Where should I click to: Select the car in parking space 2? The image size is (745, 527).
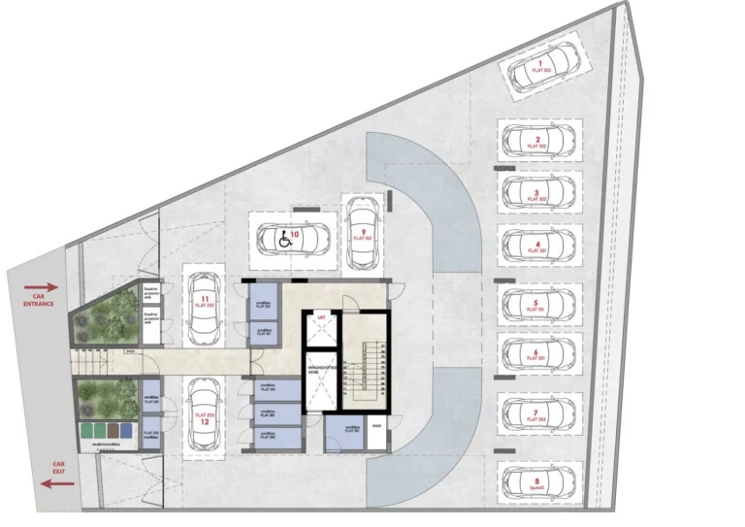(538, 143)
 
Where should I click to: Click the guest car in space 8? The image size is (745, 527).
(538, 480)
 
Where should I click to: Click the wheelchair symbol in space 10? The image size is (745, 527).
(284, 241)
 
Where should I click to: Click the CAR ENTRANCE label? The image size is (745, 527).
(39, 300)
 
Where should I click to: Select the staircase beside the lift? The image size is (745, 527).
(365, 379)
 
